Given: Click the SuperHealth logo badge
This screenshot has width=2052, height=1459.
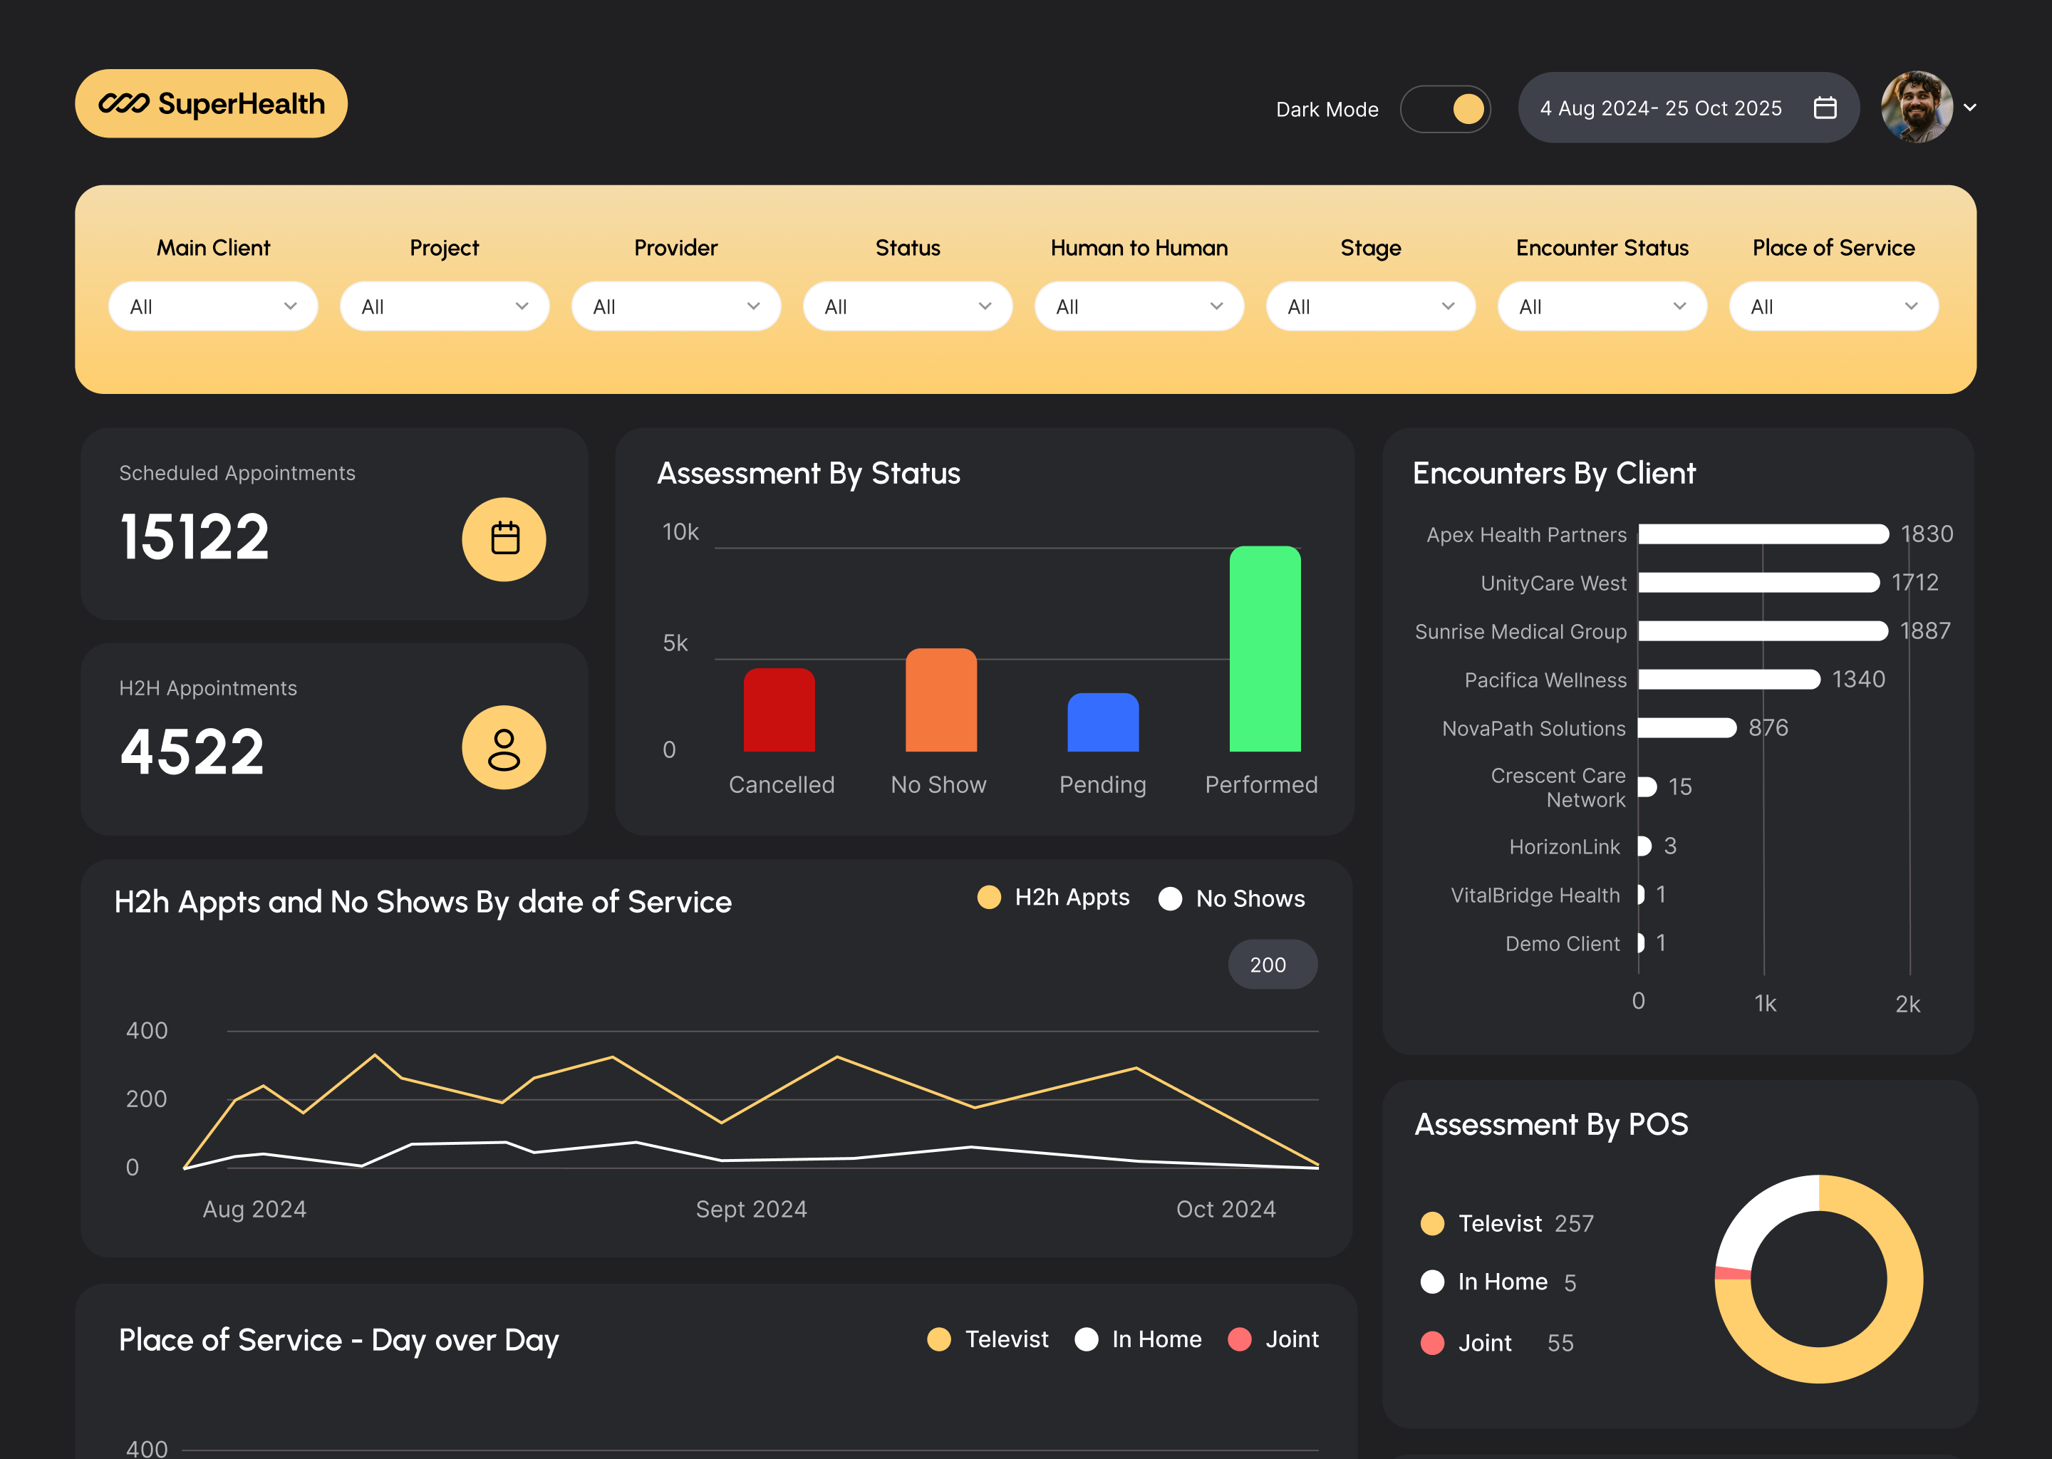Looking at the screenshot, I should click(211, 103).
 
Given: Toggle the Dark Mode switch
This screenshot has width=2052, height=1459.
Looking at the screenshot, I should click(1445, 109).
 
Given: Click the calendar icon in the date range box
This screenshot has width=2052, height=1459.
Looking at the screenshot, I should click(1825, 108).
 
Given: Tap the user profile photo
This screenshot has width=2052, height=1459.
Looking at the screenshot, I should click(1917, 107).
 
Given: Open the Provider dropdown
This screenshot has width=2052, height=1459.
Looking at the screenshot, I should click(675, 306).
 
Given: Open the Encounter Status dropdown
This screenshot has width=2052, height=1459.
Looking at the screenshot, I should click(1602, 306).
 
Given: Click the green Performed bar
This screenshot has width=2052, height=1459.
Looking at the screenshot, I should click(1264, 649).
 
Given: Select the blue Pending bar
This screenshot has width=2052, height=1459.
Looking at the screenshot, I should click(1102, 722).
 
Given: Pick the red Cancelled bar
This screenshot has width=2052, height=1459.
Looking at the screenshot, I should click(779, 710).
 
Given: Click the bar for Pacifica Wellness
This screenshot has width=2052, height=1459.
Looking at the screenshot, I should click(1728, 679).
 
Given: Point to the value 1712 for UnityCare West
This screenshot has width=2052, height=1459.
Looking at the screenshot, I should click(1914, 583).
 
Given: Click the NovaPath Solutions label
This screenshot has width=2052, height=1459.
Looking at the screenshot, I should click(1533, 729).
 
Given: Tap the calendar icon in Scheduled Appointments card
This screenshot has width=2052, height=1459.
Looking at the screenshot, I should click(504, 539).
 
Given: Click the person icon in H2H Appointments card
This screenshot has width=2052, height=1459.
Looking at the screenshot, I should click(504, 748).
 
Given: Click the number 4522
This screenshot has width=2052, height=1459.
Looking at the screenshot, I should click(192, 752).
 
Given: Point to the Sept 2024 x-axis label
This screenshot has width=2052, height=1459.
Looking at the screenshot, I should click(751, 1209).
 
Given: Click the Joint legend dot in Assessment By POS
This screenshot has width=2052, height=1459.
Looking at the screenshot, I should click(1432, 1343).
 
